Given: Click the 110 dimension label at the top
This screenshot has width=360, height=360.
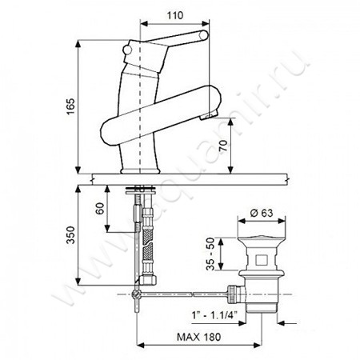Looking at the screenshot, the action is (x=175, y=15).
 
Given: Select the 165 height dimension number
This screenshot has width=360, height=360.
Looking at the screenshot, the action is (x=71, y=107).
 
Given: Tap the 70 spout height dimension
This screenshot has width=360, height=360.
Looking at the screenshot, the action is (x=224, y=146).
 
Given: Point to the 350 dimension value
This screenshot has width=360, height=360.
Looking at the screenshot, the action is (x=71, y=235).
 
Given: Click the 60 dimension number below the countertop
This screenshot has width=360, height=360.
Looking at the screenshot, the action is (x=100, y=208).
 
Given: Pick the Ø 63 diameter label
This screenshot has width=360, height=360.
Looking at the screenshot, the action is (x=262, y=213).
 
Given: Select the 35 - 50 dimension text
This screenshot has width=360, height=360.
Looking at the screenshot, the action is (x=210, y=254).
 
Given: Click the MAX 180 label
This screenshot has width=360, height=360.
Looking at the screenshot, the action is (x=198, y=337).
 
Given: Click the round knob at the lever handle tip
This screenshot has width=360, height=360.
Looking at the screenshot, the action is (x=204, y=35).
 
